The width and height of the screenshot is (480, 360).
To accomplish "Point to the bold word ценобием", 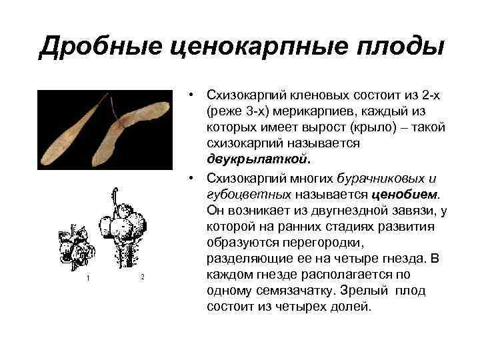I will click(407, 194).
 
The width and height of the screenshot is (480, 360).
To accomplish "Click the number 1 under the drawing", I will click(87, 277).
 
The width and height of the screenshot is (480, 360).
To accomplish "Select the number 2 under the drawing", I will click(141, 277).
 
